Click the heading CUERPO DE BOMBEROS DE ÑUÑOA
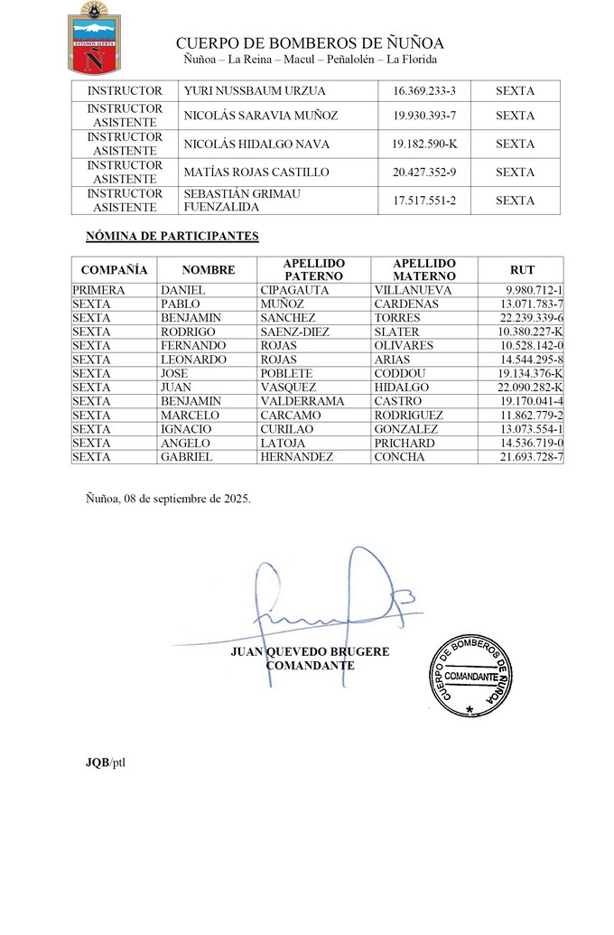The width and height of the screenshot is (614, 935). click(310, 43)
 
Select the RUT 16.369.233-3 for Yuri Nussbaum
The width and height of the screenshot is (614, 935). click(424, 91)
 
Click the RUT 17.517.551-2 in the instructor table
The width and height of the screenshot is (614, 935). click(424, 201)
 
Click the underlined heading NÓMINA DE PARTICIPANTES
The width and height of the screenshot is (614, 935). click(172, 237)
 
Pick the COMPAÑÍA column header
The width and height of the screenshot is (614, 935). click(114, 269)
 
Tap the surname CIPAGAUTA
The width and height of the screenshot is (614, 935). click(294, 290)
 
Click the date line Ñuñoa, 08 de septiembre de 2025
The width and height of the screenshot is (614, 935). click(168, 498)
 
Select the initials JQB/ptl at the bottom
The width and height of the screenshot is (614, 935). click(106, 762)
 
